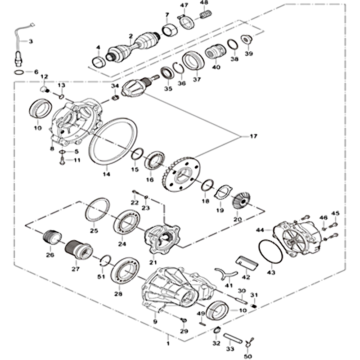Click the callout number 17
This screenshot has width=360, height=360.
point(253,136)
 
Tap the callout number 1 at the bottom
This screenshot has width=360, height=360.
point(168,343)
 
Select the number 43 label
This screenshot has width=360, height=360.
point(271,273)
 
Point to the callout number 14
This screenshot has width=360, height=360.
point(106,174)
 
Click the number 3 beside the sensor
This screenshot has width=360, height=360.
point(31,41)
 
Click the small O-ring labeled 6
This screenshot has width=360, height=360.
point(19,72)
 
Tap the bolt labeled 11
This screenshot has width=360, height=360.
point(62,160)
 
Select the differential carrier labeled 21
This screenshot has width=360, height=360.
point(162,239)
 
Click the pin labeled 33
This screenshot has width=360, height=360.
point(232,338)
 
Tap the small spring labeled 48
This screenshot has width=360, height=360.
point(206,15)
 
